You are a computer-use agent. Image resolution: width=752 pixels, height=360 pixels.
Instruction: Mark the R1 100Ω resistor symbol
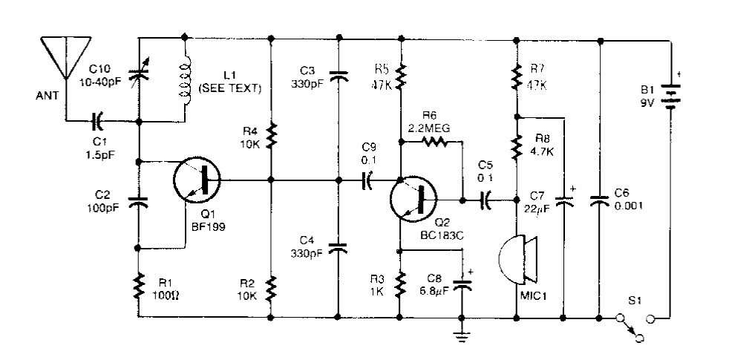pyautogui.click(x=138, y=286)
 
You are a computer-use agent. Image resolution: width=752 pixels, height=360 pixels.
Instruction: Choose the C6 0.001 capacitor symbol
pyautogui.click(x=599, y=200)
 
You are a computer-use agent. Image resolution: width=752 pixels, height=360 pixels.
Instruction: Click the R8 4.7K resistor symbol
pyautogui.click(x=516, y=147)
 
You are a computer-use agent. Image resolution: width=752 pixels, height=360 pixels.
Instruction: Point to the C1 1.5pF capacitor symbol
pyautogui.click(x=97, y=119)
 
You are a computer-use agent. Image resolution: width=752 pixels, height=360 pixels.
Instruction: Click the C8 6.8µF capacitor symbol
pyautogui.click(x=462, y=285)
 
